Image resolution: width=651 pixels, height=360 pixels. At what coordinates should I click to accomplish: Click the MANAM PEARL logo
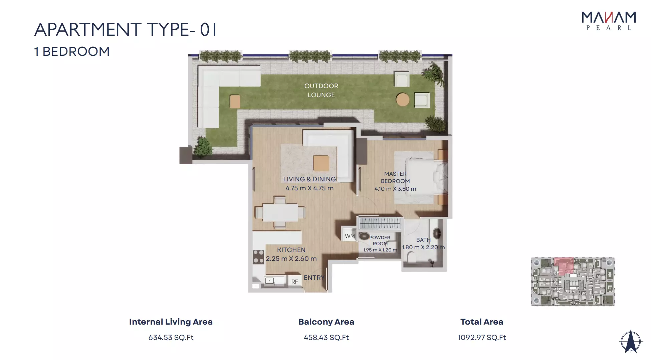[x=609, y=21]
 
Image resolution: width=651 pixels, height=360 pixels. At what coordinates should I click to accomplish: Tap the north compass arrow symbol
[x=630, y=342]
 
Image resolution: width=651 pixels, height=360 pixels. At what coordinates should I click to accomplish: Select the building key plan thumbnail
[x=573, y=282]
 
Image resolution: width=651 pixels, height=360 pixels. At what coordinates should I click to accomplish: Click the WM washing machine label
[x=350, y=236]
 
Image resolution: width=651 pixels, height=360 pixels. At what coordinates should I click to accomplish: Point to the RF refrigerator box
[x=294, y=282]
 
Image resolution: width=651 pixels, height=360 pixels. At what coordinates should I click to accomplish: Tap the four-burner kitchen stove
[x=258, y=256]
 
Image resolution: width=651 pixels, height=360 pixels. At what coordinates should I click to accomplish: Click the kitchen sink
[x=270, y=281]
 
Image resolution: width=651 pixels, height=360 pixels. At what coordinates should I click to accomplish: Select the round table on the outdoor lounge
[x=403, y=100]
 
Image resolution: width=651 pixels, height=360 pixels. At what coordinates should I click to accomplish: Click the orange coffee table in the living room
[x=321, y=163]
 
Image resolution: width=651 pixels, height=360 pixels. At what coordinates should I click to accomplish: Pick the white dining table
[x=280, y=212]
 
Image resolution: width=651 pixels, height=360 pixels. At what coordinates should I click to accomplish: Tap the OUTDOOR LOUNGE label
[x=321, y=90]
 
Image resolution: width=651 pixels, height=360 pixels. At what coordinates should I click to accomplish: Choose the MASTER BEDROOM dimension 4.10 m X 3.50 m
[x=395, y=189]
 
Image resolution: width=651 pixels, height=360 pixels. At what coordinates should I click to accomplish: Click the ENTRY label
[x=314, y=278]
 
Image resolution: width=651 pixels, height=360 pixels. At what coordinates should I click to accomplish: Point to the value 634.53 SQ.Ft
[x=171, y=338]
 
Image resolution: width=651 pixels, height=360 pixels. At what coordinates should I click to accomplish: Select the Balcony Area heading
[x=326, y=322]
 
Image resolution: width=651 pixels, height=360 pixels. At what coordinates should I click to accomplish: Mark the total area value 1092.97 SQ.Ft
[x=482, y=338]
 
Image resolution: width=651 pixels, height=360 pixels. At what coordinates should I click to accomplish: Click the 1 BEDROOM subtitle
[x=72, y=51]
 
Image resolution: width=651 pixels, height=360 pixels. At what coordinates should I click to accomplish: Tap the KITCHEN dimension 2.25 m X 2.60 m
[x=291, y=258]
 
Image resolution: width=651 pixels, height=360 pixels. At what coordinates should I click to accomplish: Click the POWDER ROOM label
[x=380, y=240]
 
